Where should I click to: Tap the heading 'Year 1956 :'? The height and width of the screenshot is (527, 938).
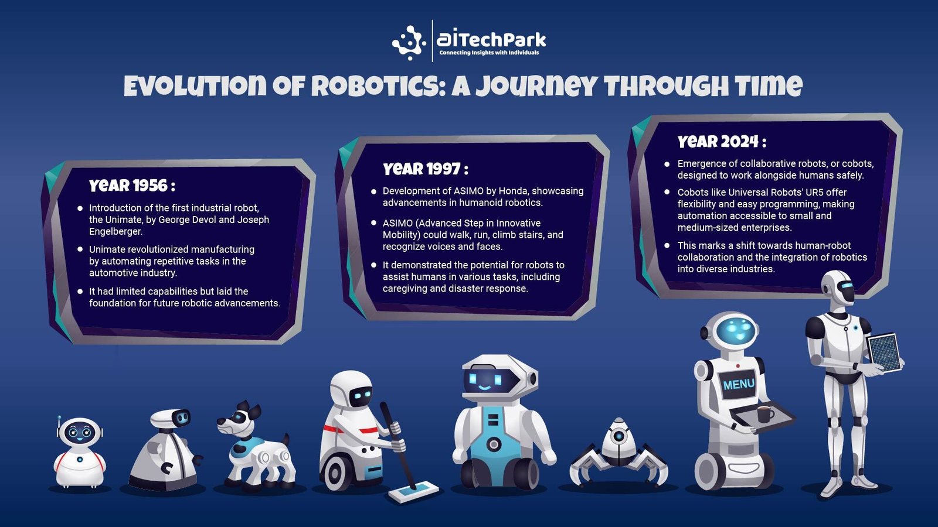pos(132,185)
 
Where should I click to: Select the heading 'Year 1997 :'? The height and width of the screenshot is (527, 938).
pos(426,169)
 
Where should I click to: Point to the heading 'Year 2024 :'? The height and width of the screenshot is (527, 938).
pos(722,141)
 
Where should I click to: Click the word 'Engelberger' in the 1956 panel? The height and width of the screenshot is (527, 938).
pos(115,231)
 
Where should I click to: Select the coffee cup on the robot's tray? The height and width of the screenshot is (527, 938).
pos(766,415)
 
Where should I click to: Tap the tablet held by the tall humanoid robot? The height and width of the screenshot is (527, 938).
pos(884,352)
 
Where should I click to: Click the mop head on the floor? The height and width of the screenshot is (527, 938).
pos(413,492)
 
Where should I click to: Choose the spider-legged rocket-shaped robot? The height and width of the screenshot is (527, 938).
pos(619,454)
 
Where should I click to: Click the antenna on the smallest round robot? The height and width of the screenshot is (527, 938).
pos(59,424)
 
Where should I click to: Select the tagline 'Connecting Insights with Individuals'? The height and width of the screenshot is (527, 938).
pos(489,53)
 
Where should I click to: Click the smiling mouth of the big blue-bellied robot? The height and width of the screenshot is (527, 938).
pos(484,388)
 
